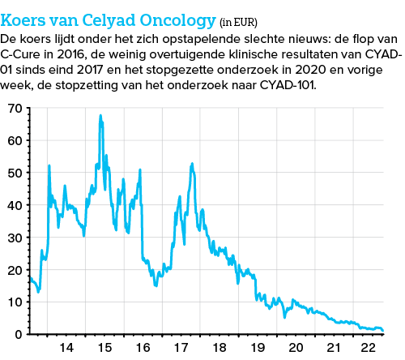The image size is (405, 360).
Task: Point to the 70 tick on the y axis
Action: [14, 108]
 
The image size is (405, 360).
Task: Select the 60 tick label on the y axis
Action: [14, 140]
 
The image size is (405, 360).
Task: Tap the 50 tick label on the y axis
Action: [14, 173]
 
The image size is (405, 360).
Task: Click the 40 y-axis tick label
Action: [14, 205]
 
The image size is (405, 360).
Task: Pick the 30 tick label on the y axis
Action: [14, 238]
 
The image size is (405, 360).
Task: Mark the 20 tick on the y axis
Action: [14, 270]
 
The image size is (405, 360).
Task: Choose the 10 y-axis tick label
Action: [14, 302]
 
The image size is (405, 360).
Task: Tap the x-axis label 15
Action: [104, 348]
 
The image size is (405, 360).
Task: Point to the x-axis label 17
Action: [181, 348]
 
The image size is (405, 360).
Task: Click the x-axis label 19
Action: [258, 348]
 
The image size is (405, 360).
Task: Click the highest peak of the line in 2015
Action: [100, 115]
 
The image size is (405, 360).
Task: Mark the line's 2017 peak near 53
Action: [192, 164]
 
